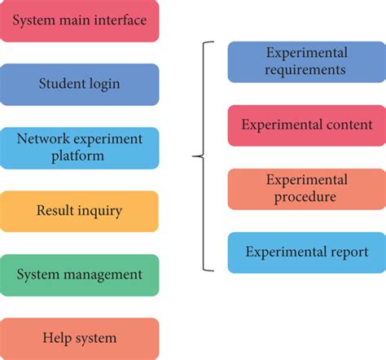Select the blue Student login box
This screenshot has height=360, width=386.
pos(79,84)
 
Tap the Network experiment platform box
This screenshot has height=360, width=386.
pos(79,147)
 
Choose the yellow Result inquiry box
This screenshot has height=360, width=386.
pos(79,211)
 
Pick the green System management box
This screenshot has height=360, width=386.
pos(79,274)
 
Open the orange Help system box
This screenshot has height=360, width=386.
pos(79,338)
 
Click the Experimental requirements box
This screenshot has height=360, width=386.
pos(306,62)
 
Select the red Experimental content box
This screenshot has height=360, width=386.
pos(306,125)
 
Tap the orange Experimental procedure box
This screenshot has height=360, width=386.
pos(306,189)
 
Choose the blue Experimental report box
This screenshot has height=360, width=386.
pos(306,252)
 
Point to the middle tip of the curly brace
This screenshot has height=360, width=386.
pos(194,156)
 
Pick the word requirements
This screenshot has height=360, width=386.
pos(306,70)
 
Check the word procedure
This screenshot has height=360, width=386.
pos(306,197)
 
